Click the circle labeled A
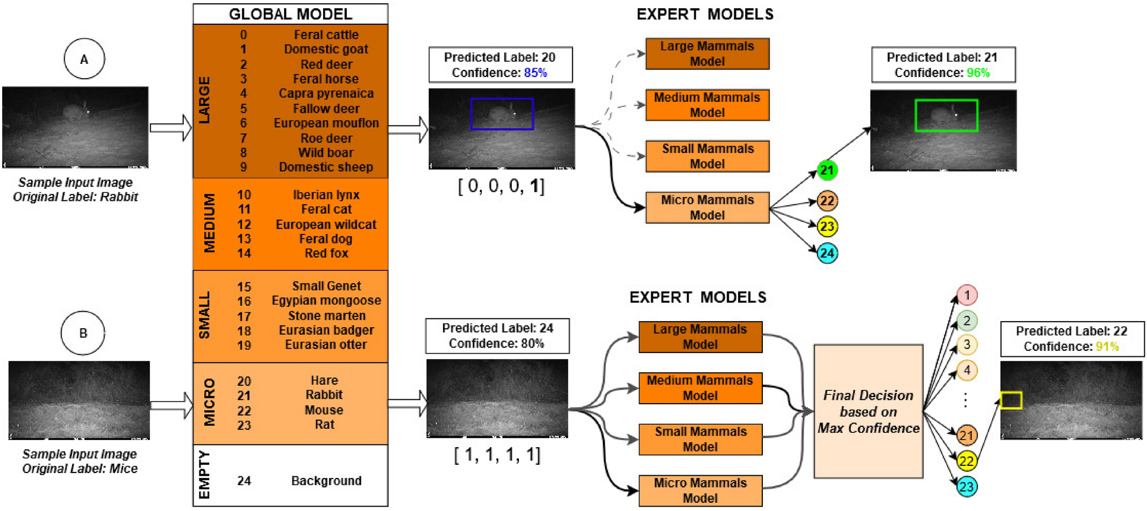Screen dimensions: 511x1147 tap(84, 59)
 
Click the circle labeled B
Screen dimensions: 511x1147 tap(83, 333)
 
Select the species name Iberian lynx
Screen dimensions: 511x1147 tap(326, 195)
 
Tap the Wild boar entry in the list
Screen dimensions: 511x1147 tap(326, 153)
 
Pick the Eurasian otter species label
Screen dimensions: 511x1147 tap(326, 345)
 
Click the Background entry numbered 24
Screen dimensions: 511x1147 tap(326, 481)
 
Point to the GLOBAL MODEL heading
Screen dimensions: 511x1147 tap(290, 14)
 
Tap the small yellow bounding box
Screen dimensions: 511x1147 tap(1011, 400)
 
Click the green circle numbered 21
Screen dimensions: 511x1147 tap(827, 170)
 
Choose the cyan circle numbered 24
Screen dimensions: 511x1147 tap(827, 253)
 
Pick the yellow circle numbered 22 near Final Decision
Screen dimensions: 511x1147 tap(966, 461)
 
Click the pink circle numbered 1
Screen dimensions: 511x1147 tap(966, 295)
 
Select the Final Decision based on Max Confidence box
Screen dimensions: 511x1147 tap(868, 411)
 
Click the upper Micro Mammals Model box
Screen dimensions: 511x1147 tap(707, 208)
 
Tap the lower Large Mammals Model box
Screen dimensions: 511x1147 tap(700, 336)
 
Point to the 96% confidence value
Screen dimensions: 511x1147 tap(978, 73)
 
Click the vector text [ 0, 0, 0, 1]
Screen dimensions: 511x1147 tap(501, 186)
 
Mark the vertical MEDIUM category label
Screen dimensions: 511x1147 tap(209, 223)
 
